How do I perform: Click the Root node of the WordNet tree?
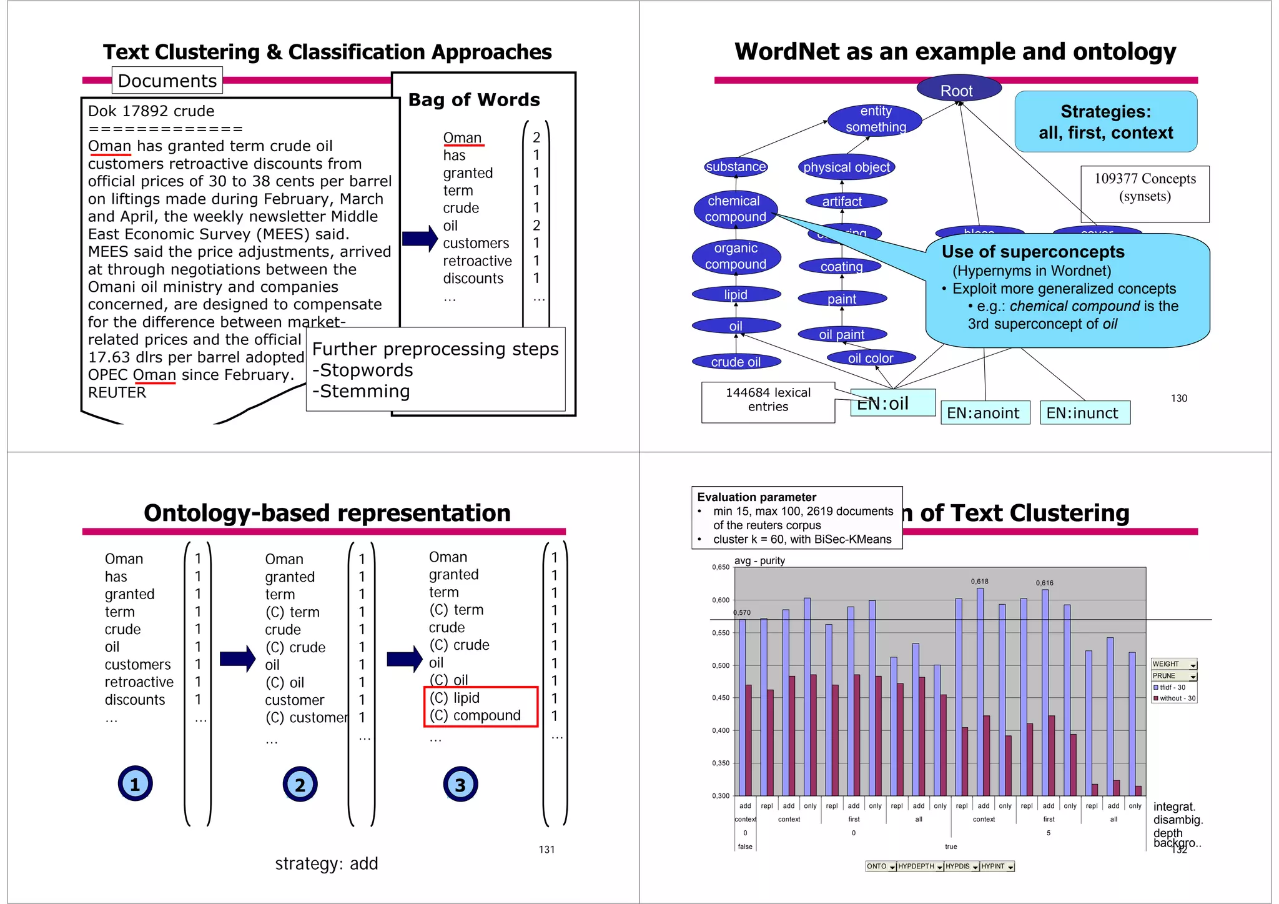(958, 90)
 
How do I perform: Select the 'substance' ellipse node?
(736, 167)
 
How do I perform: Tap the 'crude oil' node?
(736, 362)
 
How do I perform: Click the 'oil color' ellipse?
(871, 358)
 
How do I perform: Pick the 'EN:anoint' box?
(984, 413)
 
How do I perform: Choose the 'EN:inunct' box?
(1084, 413)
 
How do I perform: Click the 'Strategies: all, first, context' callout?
(1105, 122)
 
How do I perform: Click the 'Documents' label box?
(167, 81)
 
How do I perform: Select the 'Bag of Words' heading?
(474, 100)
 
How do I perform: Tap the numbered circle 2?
(300, 784)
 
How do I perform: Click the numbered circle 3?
(460, 784)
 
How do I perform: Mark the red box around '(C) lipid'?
(480, 707)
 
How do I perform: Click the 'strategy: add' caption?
(326, 863)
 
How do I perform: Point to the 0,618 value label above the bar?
(979, 582)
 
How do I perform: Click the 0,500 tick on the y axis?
(721, 665)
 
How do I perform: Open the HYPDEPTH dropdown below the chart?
(919, 867)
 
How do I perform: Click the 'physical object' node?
(846, 167)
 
